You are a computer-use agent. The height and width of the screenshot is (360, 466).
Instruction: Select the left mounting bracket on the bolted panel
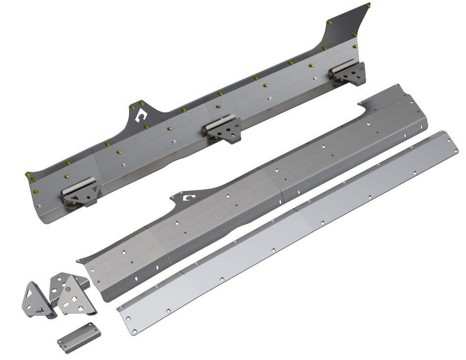tap(81, 192)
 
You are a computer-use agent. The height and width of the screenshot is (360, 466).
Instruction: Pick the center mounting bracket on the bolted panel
tap(224, 129)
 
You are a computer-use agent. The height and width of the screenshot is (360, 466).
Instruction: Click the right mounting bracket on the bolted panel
tap(349, 73)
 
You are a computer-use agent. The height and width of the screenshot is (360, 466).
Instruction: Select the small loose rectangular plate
tap(78, 337)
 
